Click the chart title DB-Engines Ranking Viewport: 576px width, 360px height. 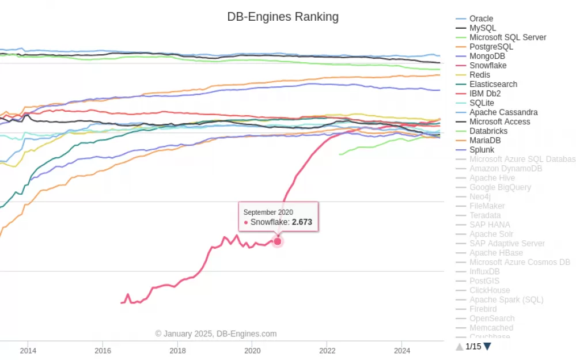click(283, 17)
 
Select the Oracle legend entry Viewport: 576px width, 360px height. click(481, 18)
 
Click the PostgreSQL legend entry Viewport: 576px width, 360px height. click(491, 47)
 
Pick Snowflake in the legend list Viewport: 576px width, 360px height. click(488, 66)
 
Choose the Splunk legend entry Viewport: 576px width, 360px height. click(482, 150)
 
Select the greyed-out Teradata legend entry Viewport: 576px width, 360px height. click(485, 215)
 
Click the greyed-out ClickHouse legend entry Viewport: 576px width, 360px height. click(490, 290)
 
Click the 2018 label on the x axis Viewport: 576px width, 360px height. click(177, 350)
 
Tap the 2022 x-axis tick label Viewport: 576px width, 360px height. click(327, 350)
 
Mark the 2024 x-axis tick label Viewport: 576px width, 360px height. click(402, 350)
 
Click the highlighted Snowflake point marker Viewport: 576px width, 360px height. click(277, 241)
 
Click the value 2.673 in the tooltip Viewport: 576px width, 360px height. click(302, 222)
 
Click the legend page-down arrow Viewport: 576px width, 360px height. click(487, 346)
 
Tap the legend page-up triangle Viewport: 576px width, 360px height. click(460, 346)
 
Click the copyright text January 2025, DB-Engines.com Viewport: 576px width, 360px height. click(216, 334)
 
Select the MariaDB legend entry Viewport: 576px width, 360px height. click(485, 141)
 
